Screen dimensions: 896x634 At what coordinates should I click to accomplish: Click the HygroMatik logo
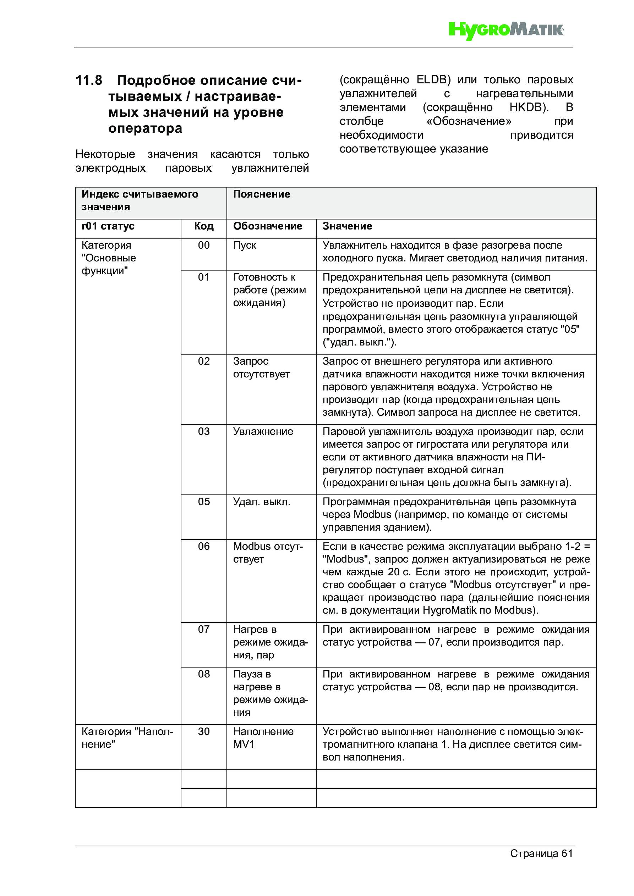click(x=506, y=30)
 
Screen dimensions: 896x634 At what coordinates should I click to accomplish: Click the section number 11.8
click(x=89, y=81)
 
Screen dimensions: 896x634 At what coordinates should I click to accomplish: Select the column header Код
click(x=203, y=226)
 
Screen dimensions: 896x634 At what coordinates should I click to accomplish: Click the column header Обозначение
click(x=268, y=226)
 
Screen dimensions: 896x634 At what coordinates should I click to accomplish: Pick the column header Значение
click(x=347, y=226)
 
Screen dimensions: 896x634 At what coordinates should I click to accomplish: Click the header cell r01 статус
click(x=108, y=226)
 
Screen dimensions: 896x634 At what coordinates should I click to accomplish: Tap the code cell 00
click(x=203, y=245)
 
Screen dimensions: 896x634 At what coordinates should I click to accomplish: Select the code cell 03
click(x=203, y=432)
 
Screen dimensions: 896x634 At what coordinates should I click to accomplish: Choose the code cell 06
click(x=203, y=546)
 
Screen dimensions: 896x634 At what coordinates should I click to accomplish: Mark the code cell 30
click(x=203, y=731)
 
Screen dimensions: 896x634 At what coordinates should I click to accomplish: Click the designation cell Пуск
click(x=245, y=245)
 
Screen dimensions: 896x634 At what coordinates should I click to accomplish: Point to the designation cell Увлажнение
click(x=263, y=432)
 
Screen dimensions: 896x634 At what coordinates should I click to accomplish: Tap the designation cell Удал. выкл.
click(x=262, y=502)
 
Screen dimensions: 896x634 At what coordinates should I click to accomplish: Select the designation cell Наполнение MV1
click(x=263, y=737)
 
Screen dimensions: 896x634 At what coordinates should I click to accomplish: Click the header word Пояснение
click(x=261, y=194)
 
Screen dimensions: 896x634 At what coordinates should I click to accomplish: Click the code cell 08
click(x=203, y=674)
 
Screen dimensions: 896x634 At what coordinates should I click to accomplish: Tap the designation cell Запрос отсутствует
click(x=261, y=367)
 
